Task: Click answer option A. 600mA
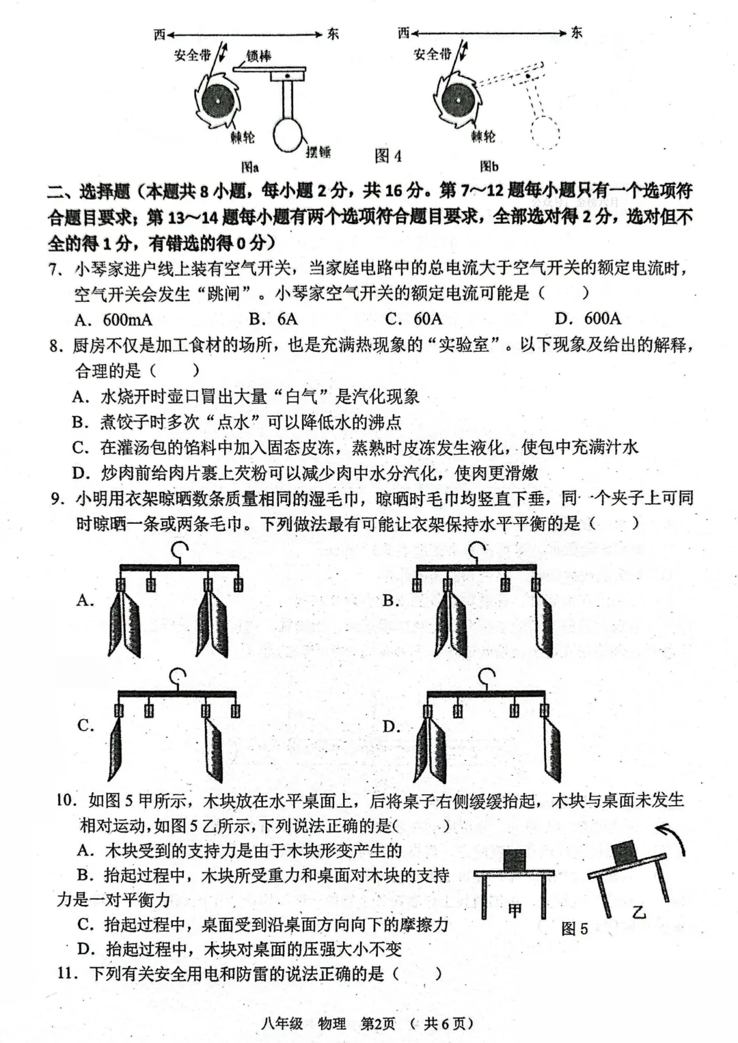113,320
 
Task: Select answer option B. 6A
273,319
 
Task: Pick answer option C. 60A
413,319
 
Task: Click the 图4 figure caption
388,156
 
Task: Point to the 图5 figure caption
574,928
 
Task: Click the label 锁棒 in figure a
259,56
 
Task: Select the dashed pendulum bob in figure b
545,130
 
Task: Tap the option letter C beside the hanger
85,725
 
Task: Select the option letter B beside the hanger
391,600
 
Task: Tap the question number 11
68,973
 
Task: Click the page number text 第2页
378,1023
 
